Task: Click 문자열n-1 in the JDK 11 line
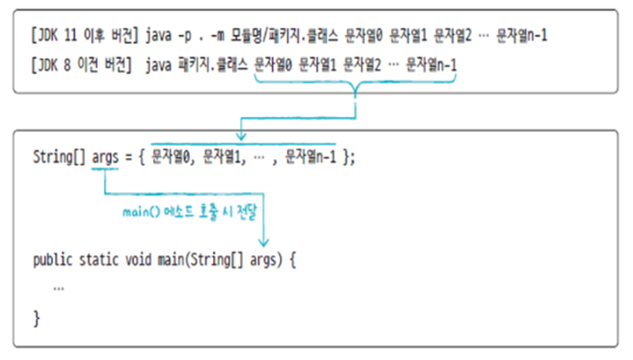pos(522,35)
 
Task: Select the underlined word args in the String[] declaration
pos(106,157)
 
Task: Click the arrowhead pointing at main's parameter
pos(264,241)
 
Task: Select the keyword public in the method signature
pos(52,261)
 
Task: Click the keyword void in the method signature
pos(137,261)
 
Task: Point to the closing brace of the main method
pos(36,318)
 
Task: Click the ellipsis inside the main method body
pos(58,289)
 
